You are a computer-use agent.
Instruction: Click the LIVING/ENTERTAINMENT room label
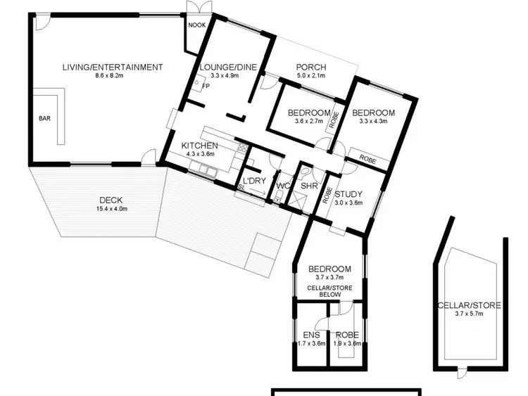pyautogui.click(x=113, y=68)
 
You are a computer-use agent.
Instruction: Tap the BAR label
pyautogui.click(x=44, y=118)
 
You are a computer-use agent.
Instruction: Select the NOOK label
pyautogui.click(x=195, y=23)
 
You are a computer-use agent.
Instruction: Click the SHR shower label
pyautogui.click(x=309, y=186)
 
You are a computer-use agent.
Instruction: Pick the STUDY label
pyautogui.click(x=348, y=194)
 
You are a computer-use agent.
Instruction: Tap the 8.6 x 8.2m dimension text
pyautogui.click(x=113, y=76)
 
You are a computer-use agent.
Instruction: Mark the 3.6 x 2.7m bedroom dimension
pyautogui.click(x=308, y=121)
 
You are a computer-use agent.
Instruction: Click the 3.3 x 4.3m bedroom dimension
pyautogui.click(x=373, y=121)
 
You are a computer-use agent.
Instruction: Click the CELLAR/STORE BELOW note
pyautogui.click(x=329, y=290)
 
